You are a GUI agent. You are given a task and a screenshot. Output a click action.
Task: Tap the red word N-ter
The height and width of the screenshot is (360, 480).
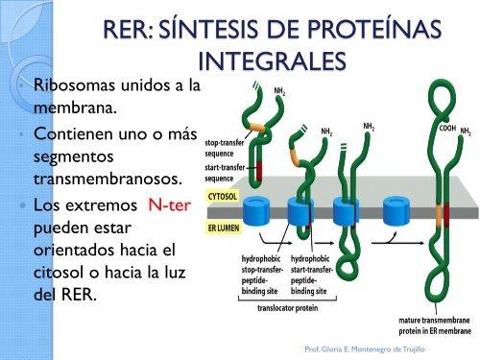[x=173, y=204]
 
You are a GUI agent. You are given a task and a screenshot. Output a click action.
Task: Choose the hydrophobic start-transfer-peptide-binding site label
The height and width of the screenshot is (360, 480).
[x=313, y=273]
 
